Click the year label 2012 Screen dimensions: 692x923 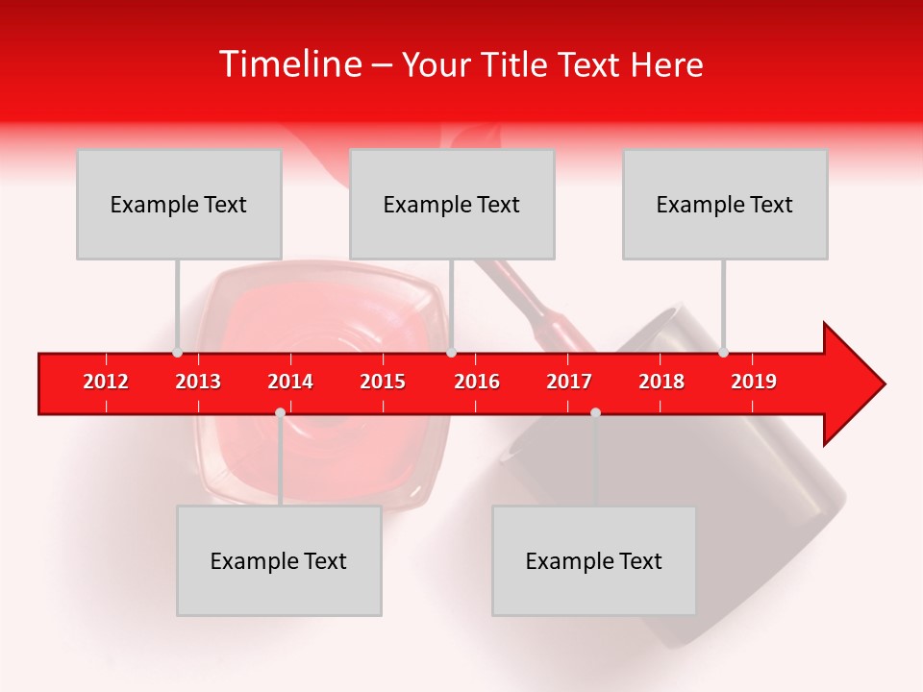pyautogui.click(x=106, y=382)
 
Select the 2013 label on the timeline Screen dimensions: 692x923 pyautogui.click(x=198, y=382)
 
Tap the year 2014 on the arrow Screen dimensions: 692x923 pyautogui.click(x=290, y=382)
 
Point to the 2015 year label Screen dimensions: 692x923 pyautogui.click(x=383, y=382)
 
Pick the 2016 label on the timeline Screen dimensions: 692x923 pyautogui.click(x=477, y=382)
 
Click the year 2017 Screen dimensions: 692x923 pyautogui.click(x=569, y=382)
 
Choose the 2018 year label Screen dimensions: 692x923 pyautogui.click(x=661, y=382)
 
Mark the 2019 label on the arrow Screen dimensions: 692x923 pyautogui.click(x=754, y=382)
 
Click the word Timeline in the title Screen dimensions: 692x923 pyautogui.click(x=288, y=64)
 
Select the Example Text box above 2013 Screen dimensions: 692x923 pyautogui.click(x=179, y=204)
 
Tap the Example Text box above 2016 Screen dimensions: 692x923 pyautogui.click(x=452, y=204)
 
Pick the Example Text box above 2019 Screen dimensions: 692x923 pyautogui.click(x=725, y=204)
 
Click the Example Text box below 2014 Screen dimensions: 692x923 pyautogui.click(x=279, y=560)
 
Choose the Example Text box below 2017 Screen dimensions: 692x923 pyautogui.click(x=594, y=560)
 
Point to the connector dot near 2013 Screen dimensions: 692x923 pyautogui.click(x=177, y=353)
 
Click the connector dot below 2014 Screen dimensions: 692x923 pyautogui.click(x=280, y=412)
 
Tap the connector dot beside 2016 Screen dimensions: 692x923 pyautogui.click(x=451, y=353)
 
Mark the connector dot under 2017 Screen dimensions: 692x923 pyautogui.click(x=595, y=412)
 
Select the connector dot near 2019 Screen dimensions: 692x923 pyautogui.click(x=723, y=353)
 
